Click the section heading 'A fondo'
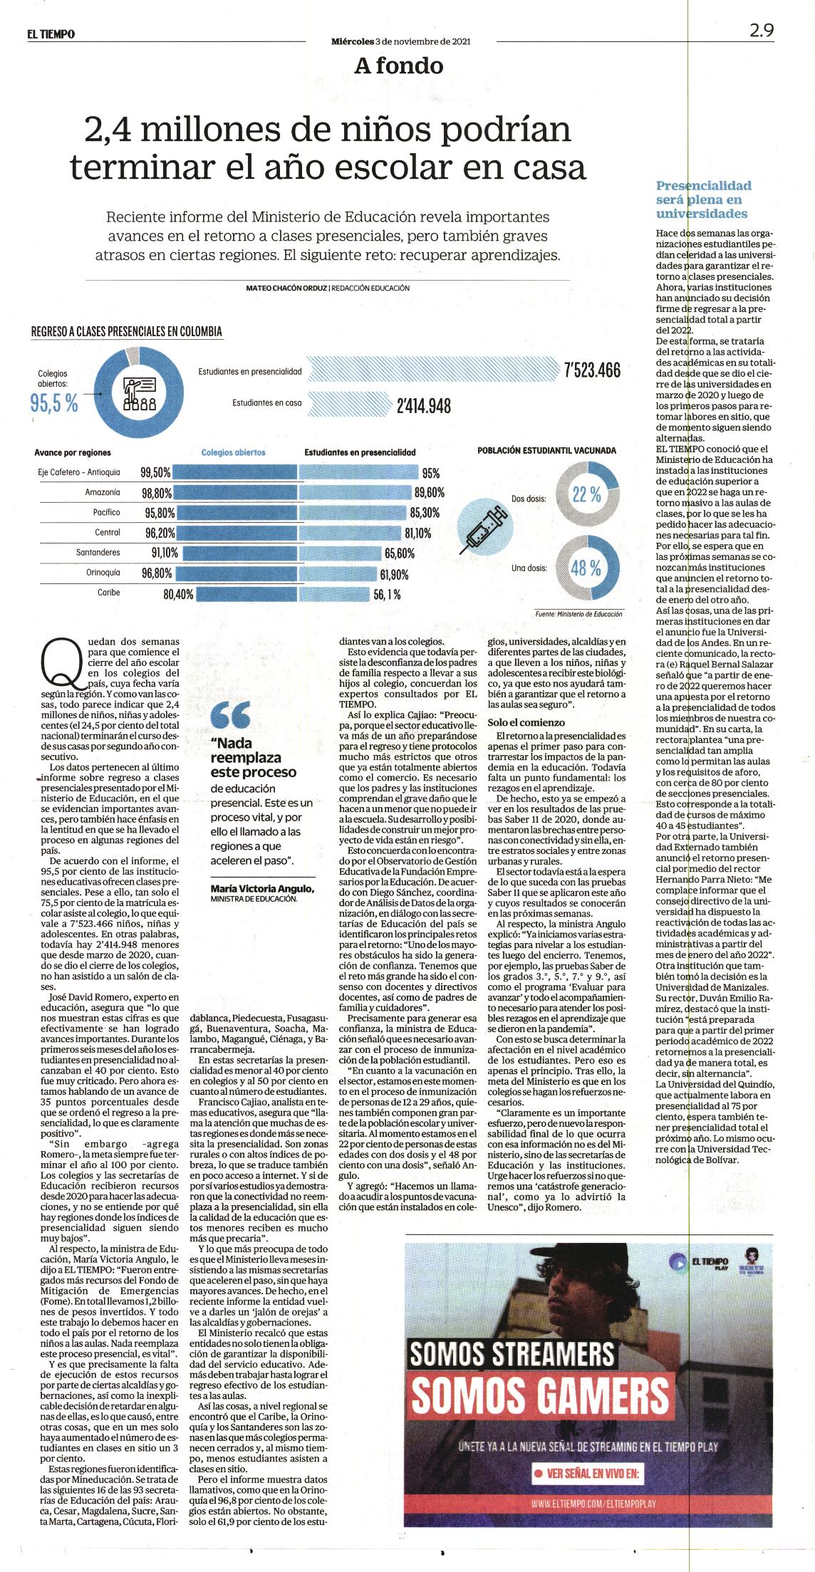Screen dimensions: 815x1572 tap(399, 66)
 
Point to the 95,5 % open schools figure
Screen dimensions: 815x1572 tap(54, 402)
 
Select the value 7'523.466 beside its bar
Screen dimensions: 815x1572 tap(591, 370)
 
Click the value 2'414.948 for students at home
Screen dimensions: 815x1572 tap(423, 405)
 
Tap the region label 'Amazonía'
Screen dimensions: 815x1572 tap(103, 492)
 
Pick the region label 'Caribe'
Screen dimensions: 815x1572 tap(109, 592)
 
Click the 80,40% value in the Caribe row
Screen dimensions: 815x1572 tap(178, 593)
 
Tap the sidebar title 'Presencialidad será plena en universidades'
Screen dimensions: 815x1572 tap(703, 199)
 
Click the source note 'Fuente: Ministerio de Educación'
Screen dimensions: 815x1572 tap(578, 613)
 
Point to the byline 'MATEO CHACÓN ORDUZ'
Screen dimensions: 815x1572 tap(286, 288)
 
